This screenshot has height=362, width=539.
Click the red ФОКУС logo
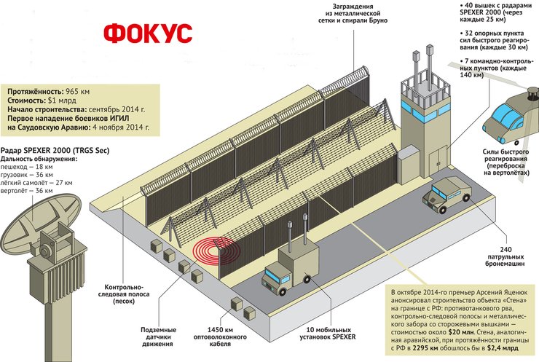click(x=148, y=34)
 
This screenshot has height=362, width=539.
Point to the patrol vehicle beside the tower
click(x=449, y=194)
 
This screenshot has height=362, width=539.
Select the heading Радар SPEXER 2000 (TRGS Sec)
click(x=63, y=149)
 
